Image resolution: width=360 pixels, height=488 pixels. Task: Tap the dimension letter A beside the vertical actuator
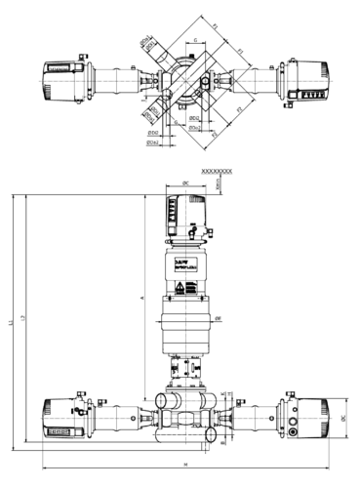142,296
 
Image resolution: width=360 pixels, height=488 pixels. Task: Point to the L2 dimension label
23,320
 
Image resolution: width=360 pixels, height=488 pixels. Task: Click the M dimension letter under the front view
185,463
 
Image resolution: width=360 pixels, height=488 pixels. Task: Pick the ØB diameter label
218,317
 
